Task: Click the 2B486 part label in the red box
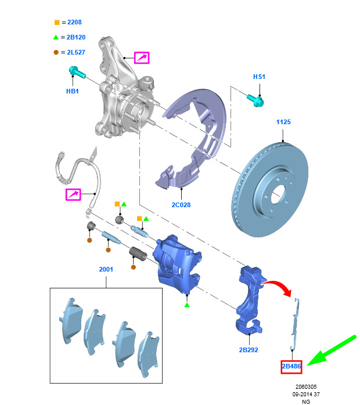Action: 291,367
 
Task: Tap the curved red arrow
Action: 278,285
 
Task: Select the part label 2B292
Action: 248,350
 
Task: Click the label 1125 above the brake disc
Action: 283,122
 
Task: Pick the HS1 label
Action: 259,77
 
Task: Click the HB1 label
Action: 72,91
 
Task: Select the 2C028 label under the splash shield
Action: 181,205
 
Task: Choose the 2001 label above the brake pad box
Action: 106,269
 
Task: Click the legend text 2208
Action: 72,23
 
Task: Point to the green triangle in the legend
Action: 56,38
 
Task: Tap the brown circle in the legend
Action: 56,53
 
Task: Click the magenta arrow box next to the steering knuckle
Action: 142,57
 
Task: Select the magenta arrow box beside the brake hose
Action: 73,195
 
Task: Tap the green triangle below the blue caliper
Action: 187,305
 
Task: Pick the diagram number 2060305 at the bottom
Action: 305,386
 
